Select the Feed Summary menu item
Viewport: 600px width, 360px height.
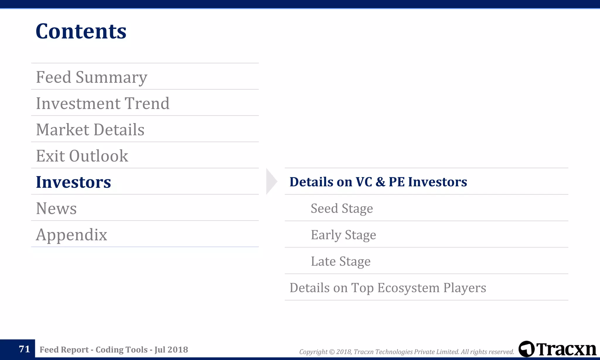click(91, 77)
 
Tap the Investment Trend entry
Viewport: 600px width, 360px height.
click(103, 103)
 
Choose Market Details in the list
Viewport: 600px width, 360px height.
click(90, 130)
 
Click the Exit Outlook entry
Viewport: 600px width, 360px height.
click(82, 156)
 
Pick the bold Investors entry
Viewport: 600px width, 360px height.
click(73, 182)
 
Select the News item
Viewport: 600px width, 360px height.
click(56, 208)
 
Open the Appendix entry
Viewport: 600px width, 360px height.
click(71, 235)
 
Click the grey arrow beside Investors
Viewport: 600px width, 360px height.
click(271, 181)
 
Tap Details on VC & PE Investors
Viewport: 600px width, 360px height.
click(378, 182)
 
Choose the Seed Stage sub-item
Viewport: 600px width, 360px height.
click(342, 209)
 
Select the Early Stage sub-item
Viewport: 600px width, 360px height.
click(343, 235)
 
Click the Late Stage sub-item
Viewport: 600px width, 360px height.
click(340, 261)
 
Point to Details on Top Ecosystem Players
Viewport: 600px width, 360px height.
click(388, 288)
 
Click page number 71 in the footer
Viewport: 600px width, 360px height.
click(24, 349)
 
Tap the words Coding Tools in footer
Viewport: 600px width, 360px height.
click(122, 349)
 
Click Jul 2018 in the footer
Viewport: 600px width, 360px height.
click(171, 349)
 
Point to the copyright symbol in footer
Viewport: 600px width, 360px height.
click(332, 352)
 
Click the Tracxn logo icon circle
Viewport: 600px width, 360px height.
click(526, 349)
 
